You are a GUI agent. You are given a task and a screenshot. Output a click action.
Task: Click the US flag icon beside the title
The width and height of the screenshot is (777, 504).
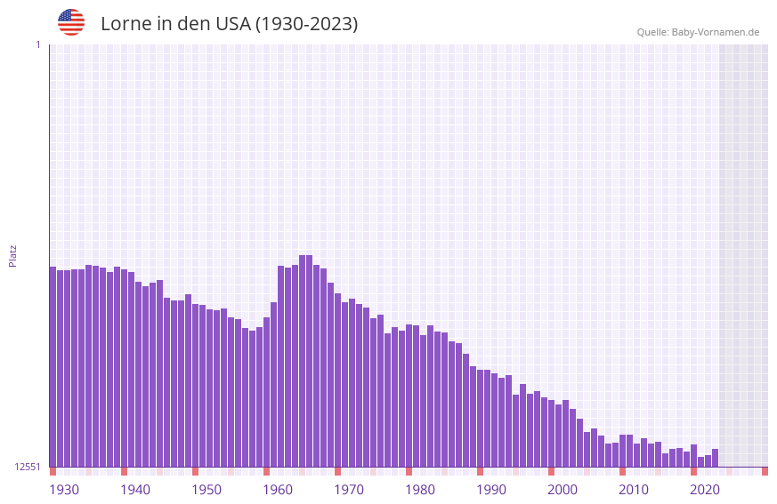click(71, 22)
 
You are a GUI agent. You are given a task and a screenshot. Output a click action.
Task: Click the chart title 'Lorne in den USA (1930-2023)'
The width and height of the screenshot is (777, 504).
click(229, 24)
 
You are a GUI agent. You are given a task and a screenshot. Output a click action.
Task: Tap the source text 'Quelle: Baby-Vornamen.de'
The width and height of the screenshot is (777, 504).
click(698, 32)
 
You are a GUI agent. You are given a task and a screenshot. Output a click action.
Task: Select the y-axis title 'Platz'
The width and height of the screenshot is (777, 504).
click(12, 255)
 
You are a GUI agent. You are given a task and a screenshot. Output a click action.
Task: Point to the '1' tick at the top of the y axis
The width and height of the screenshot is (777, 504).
click(37, 44)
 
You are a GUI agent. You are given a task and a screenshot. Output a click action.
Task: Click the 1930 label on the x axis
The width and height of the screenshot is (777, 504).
click(64, 490)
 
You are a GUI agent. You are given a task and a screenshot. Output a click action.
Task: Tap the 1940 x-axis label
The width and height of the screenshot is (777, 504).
click(135, 490)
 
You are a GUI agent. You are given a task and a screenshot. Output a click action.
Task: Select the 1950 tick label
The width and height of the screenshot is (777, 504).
click(206, 490)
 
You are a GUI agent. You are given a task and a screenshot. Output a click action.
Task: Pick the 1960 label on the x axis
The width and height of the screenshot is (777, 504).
click(278, 490)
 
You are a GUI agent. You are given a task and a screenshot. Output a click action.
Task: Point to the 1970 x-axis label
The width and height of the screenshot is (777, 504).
click(349, 490)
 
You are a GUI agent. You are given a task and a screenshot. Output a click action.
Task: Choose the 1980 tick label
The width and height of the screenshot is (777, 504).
click(420, 490)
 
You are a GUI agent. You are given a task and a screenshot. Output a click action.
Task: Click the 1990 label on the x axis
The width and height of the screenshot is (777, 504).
click(491, 490)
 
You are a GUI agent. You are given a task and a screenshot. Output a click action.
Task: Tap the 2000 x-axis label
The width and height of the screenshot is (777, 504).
click(563, 490)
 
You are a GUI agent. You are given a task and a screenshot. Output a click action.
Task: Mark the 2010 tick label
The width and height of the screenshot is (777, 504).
click(634, 490)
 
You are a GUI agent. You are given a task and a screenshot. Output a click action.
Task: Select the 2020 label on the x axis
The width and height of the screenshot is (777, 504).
click(705, 490)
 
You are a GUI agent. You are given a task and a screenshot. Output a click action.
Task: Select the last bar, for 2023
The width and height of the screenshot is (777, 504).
click(715, 458)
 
